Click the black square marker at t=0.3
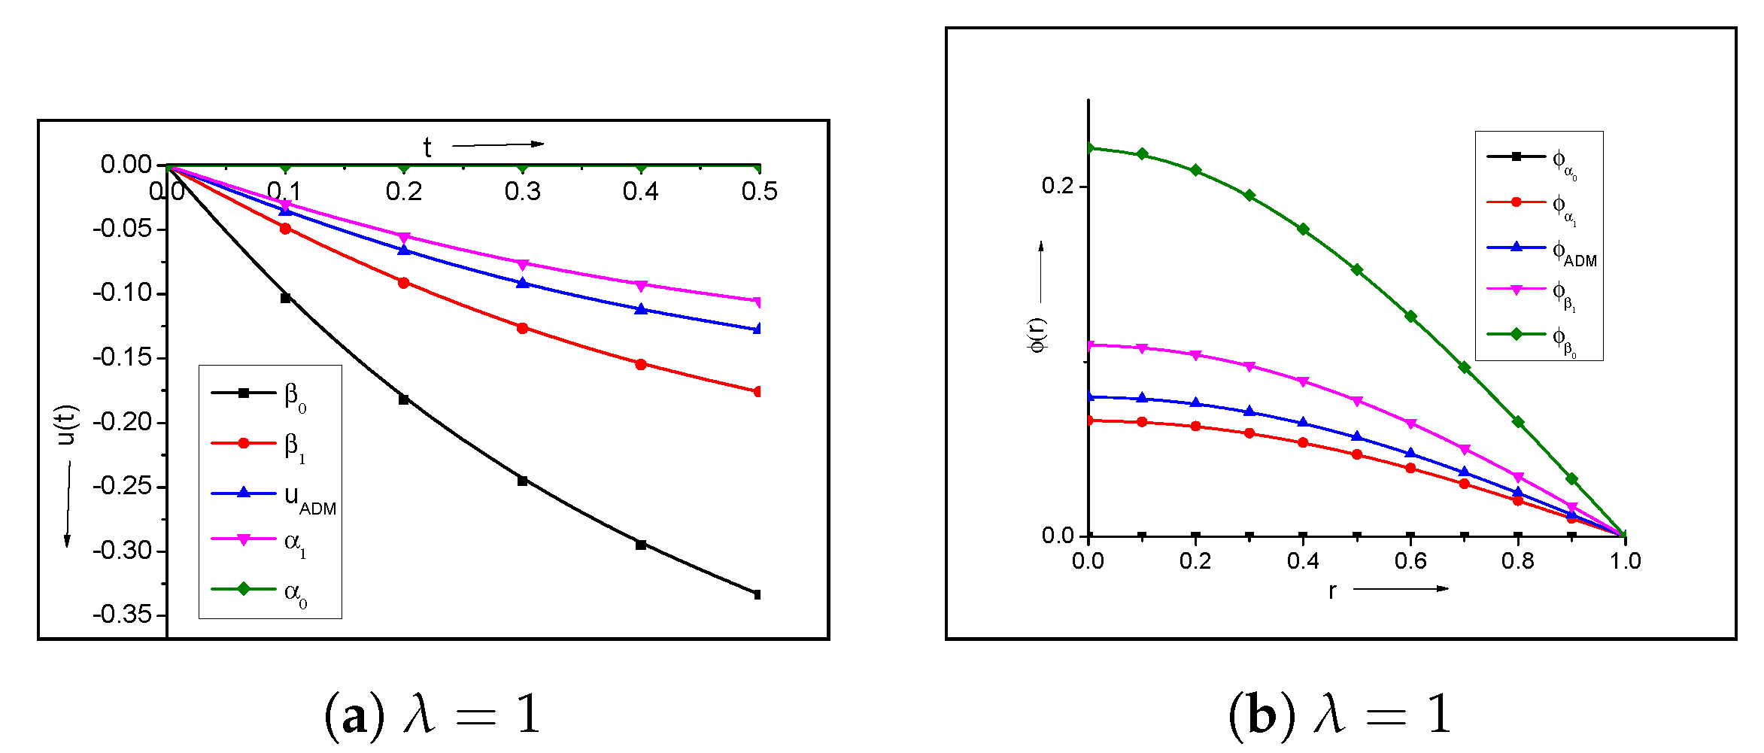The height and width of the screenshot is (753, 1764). tap(523, 481)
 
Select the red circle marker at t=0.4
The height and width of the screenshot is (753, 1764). tap(641, 364)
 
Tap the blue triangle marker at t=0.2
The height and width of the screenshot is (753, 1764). tap(404, 250)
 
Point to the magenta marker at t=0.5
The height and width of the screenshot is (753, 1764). tap(757, 302)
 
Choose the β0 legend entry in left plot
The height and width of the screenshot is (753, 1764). tap(260, 394)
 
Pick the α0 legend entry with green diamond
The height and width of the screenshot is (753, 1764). tap(260, 591)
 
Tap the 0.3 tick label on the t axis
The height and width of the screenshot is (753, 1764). tap(522, 192)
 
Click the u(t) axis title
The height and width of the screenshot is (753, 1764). tap(67, 425)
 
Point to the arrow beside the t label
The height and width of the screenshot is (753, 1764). tap(497, 144)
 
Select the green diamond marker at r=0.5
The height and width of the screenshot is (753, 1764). tap(1357, 269)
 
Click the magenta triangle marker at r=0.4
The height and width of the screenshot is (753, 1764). tap(1303, 381)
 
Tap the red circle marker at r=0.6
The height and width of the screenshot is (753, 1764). tap(1410, 468)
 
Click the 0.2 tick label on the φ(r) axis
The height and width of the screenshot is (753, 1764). tap(1058, 186)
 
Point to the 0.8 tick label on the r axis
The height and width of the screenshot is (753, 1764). tap(1517, 561)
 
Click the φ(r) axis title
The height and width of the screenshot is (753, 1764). tap(1037, 336)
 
